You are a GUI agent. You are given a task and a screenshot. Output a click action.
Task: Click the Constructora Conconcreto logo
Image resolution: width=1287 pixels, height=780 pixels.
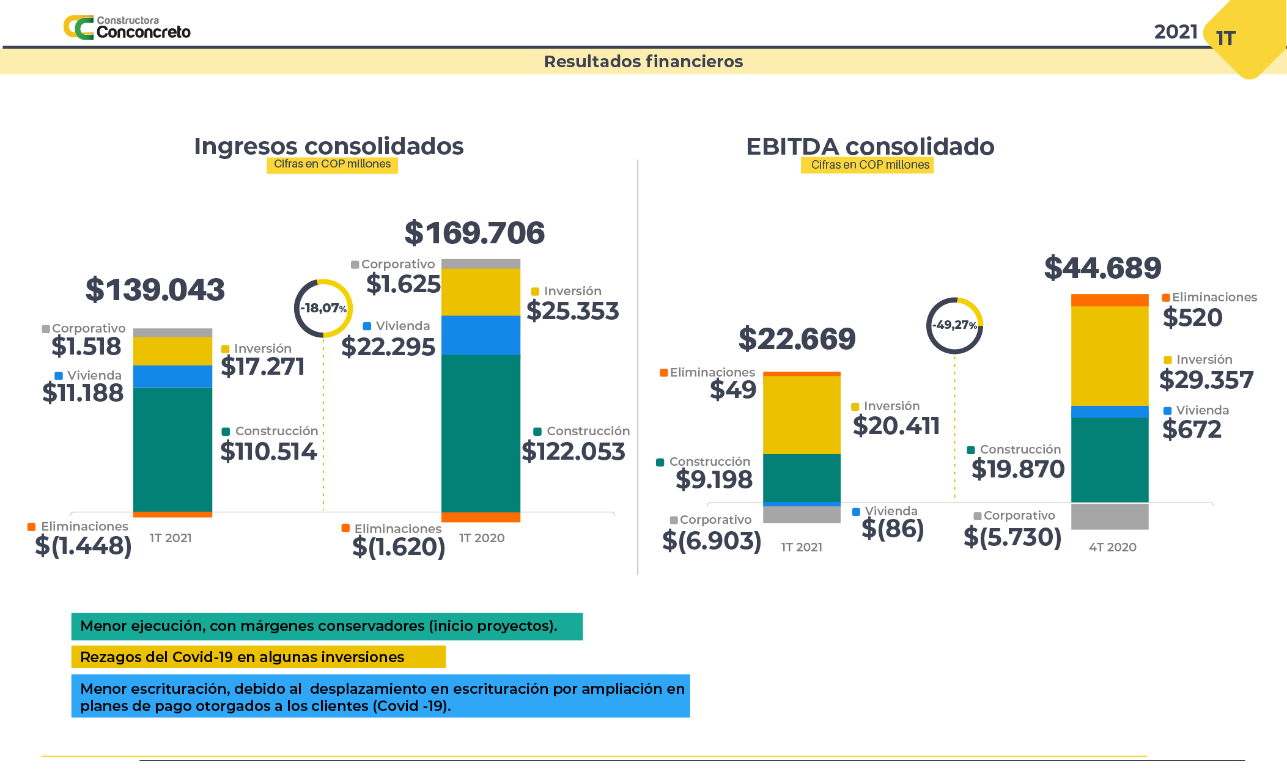(127, 28)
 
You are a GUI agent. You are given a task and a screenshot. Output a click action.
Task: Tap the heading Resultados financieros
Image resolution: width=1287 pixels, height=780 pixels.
(643, 62)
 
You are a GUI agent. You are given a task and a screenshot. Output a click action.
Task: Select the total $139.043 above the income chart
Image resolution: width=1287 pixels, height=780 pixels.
(155, 290)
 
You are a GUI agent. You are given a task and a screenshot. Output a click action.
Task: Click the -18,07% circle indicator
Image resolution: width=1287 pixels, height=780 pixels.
(323, 308)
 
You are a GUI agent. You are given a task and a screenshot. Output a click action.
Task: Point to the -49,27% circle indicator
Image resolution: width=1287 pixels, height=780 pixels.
(954, 325)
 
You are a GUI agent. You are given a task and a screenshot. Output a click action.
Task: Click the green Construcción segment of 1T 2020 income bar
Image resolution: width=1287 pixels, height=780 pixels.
(481, 433)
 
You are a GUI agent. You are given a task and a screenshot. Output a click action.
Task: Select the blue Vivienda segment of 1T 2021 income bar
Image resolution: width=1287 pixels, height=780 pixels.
(172, 377)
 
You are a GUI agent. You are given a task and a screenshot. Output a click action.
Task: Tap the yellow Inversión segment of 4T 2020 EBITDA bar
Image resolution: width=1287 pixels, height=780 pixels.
(1110, 356)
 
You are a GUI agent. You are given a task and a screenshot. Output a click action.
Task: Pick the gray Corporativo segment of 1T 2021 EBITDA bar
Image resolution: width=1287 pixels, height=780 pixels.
(802, 514)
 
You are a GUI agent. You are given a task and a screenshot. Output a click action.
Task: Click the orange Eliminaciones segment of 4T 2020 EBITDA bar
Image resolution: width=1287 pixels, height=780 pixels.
(1110, 300)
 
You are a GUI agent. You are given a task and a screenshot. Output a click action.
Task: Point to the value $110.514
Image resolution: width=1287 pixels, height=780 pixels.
(268, 452)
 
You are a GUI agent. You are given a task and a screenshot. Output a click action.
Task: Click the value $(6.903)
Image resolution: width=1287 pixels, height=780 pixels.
(712, 541)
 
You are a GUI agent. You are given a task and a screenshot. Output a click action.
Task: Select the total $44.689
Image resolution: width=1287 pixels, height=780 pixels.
(1102, 268)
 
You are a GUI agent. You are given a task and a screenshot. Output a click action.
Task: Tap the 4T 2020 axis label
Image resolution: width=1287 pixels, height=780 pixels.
(1112, 547)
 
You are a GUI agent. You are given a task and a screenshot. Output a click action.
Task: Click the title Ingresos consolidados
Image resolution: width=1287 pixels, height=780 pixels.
(329, 147)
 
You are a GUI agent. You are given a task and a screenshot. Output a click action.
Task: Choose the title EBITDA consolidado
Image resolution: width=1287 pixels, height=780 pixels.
(870, 147)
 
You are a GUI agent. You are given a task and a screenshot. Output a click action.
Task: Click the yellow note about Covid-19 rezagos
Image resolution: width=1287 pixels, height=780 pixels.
(258, 657)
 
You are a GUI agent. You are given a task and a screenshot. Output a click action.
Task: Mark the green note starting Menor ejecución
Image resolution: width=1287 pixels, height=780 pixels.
(326, 627)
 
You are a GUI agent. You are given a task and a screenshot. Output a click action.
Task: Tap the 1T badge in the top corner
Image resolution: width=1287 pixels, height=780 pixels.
(1226, 39)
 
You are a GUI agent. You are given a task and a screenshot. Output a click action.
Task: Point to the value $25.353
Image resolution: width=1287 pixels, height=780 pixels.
(573, 311)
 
